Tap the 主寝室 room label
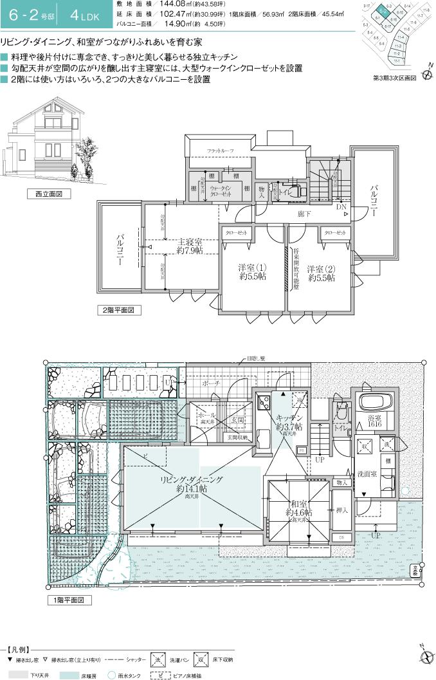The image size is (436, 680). (x=190, y=247)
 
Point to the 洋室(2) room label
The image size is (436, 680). (x=321, y=272)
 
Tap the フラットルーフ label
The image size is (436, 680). (x=220, y=150)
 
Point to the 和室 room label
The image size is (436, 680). (x=299, y=509)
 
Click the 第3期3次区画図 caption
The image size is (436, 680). (x=395, y=77)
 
